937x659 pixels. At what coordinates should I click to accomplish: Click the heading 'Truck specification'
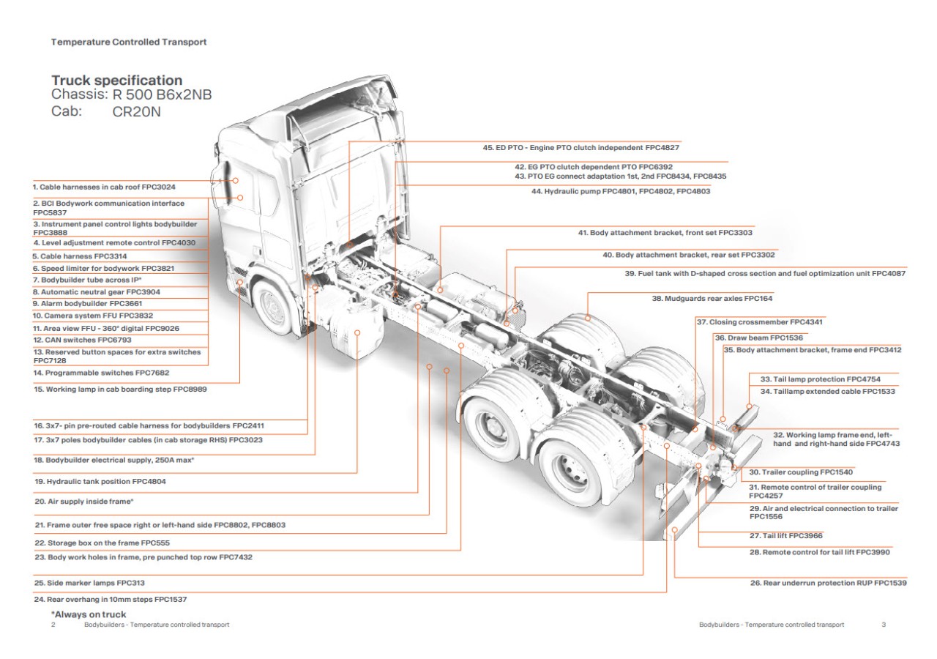(x=117, y=81)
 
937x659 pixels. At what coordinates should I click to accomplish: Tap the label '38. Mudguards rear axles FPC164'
(x=712, y=299)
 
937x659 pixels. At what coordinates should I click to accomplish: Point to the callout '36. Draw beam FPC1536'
(x=758, y=338)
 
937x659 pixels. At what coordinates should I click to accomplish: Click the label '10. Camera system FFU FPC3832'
(x=92, y=316)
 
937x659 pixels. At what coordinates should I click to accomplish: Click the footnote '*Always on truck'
(x=89, y=614)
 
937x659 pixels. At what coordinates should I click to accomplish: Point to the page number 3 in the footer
(x=884, y=625)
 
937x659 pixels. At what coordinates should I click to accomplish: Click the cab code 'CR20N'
(x=136, y=112)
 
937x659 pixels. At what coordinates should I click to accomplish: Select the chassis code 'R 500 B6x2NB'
(x=162, y=95)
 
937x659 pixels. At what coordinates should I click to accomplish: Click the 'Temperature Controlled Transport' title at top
(x=129, y=42)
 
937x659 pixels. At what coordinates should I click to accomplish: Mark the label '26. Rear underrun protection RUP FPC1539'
(x=828, y=583)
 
